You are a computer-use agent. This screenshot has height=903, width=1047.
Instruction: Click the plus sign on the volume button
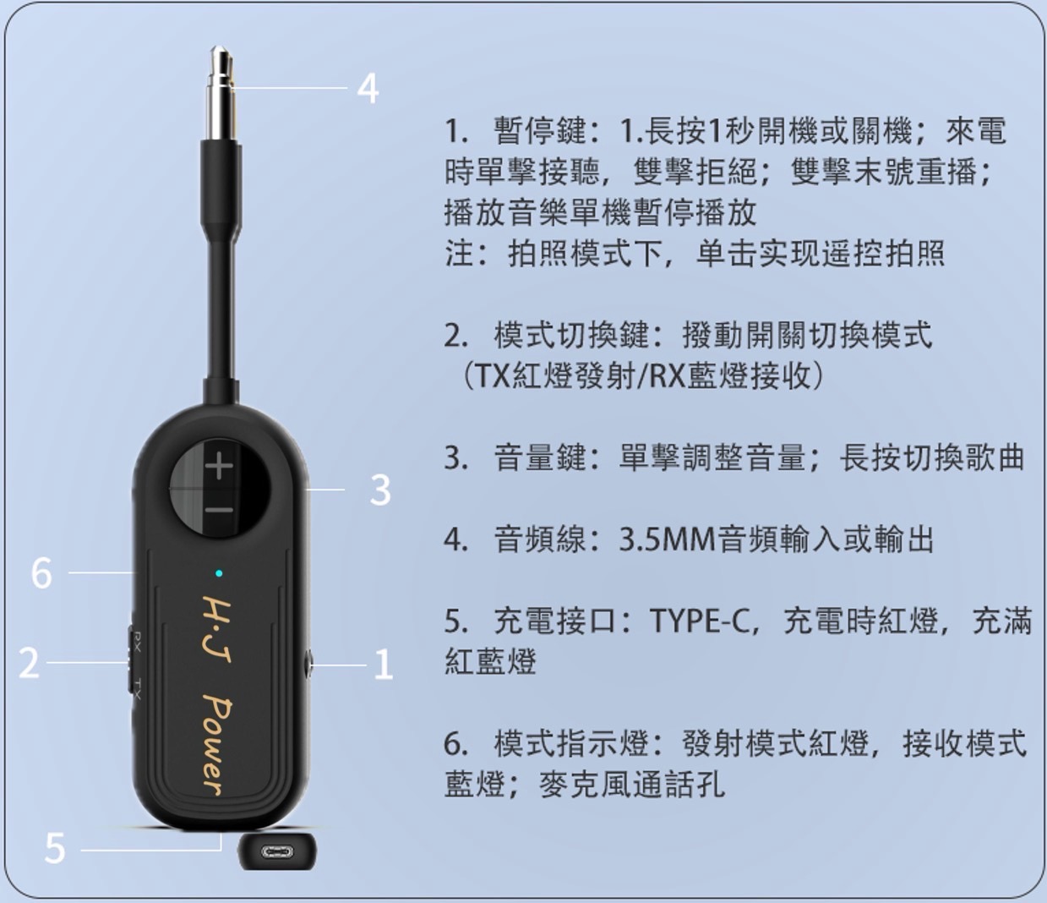[220, 465]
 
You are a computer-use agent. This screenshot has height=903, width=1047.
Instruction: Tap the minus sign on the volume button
[220, 509]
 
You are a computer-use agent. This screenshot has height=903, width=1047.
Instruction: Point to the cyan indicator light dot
[219, 573]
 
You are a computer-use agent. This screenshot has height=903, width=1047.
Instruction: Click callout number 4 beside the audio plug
[368, 89]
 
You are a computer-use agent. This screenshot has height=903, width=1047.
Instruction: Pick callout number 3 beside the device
[380, 490]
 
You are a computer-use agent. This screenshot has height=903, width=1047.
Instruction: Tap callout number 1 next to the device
[383, 664]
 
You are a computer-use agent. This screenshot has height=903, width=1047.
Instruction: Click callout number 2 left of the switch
[29, 662]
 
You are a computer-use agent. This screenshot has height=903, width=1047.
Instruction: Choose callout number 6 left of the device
[41, 573]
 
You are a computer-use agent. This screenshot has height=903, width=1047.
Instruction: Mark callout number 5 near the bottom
[55, 849]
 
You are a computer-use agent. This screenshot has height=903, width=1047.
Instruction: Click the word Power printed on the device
[217, 749]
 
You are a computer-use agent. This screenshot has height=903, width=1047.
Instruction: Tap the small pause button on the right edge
[309, 662]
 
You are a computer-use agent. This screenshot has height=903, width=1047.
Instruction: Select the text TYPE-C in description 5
[700, 621]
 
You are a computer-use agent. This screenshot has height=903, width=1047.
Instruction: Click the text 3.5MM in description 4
[667, 539]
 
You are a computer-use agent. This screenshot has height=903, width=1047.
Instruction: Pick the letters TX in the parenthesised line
[489, 375]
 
